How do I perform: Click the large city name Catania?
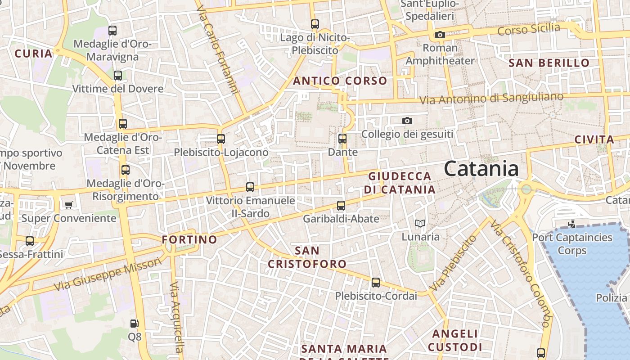pos(481,169)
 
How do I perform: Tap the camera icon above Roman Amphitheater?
pos(440,35)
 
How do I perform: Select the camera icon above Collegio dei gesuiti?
pos(407,121)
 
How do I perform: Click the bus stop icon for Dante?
pos(342,138)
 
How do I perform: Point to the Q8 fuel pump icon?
pos(134,323)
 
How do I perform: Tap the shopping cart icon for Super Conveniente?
pos(68,205)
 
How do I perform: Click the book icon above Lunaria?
pos(420,223)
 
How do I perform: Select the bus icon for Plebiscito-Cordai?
pos(376,283)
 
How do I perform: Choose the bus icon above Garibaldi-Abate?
pos(341,206)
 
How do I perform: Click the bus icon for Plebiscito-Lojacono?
pos(221,139)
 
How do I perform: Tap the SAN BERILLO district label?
pos(549,63)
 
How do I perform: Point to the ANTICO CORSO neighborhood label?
pos(340,81)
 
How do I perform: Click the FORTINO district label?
pos(189,239)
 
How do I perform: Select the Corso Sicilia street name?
pos(529,30)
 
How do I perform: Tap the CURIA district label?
pos(33,54)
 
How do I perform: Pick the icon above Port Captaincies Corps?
pos(572,224)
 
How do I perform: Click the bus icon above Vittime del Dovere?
pos(118,75)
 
